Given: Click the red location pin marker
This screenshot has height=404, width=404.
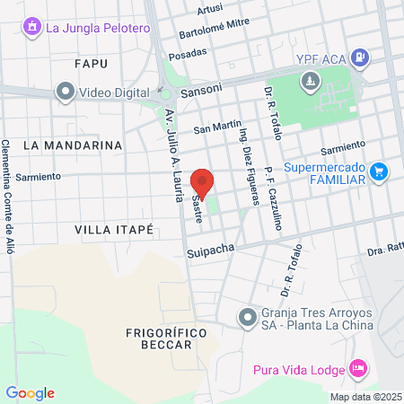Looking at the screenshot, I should (x=202, y=182).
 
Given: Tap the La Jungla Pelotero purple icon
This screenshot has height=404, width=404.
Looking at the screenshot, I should (x=32, y=27).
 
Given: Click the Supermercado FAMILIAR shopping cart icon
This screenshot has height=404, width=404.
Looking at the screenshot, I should (x=379, y=171).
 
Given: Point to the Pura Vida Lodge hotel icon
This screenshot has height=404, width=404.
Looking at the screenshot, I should (x=358, y=368).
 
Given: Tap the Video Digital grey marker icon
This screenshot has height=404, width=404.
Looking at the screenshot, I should (x=65, y=91).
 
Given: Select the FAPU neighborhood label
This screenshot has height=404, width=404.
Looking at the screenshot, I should (x=92, y=63).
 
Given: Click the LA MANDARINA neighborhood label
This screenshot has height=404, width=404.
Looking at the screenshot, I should (x=72, y=145).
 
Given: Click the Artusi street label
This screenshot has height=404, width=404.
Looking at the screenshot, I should (x=208, y=8).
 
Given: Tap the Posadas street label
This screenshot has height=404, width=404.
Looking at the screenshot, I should (x=187, y=52).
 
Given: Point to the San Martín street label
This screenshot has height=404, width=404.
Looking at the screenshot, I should (x=213, y=127).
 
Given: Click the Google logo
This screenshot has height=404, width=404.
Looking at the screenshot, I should (x=30, y=392).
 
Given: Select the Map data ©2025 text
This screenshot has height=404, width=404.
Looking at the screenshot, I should (x=364, y=397).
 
